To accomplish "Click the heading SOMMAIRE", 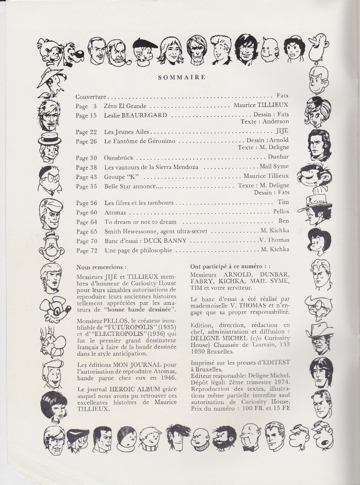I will click(x=182, y=78).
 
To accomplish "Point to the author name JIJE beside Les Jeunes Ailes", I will click(x=282, y=132).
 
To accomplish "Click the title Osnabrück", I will click(x=120, y=158).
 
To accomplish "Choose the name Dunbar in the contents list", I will click(x=279, y=158).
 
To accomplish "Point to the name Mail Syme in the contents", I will click(x=274, y=167).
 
